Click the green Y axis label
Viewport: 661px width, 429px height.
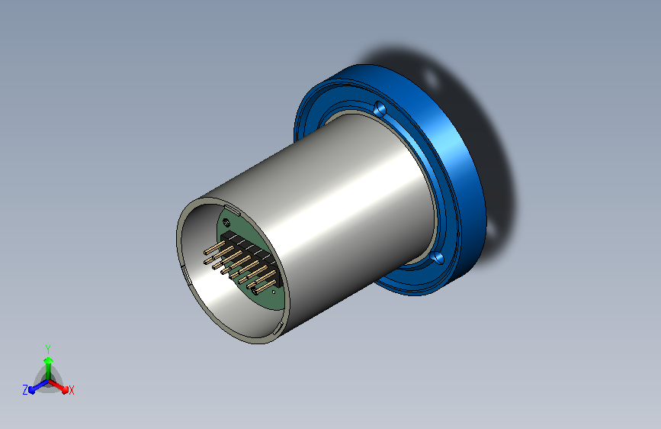(48, 349)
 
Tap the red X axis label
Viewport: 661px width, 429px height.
(71, 390)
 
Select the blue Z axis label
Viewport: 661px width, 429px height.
(25, 390)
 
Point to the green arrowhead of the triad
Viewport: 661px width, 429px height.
(49, 361)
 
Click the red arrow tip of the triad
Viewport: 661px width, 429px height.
(65, 389)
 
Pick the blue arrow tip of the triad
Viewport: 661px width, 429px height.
(32, 389)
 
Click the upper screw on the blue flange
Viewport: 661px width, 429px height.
(380, 109)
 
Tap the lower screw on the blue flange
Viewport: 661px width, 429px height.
(437, 257)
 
